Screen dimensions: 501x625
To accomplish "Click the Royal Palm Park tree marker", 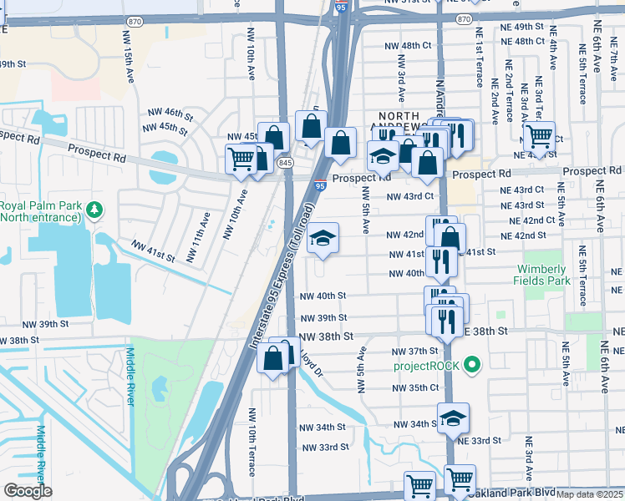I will [94, 207].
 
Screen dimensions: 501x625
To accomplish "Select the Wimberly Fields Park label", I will [541, 276].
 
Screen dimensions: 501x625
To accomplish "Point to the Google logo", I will [28, 491].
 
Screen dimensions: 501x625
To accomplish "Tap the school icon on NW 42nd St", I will [323, 239].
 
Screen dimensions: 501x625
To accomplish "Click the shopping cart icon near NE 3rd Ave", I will [539, 137].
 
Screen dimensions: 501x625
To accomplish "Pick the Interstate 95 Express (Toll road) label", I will [282, 276].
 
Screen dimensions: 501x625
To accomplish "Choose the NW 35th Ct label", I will [415, 388].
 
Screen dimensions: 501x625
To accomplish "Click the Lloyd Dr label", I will [311, 360].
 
